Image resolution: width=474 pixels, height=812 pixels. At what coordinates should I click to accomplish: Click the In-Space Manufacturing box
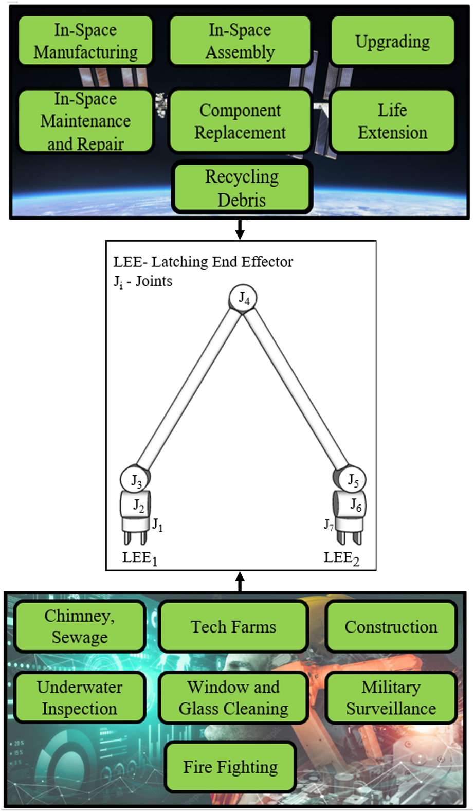pos(85,41)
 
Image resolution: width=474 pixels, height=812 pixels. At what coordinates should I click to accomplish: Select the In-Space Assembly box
pos(240,41)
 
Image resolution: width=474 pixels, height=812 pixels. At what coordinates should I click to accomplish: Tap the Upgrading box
pos(392,41)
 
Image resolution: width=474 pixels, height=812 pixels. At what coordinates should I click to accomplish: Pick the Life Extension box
pos(392,121)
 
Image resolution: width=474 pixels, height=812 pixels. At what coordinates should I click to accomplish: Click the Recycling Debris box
pos(242,188)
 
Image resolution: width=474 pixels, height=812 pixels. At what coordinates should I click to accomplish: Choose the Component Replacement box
pos(240,121)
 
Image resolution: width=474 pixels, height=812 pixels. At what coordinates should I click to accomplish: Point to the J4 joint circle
pos(243,298)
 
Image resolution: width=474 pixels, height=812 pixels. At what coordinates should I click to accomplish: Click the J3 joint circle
pos(134,480)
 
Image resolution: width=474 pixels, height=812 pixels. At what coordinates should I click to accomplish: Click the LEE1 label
pos(139,558)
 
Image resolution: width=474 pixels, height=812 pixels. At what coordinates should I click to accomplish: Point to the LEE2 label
pos(341,558)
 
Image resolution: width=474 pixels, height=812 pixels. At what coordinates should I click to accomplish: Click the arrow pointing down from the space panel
pos(240,229)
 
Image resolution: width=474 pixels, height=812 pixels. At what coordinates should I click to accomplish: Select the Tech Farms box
pos(233,627)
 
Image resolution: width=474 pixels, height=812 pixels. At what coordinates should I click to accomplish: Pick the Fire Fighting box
pos(230,767)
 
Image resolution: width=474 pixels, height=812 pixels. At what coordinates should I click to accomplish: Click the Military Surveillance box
pos(391,698)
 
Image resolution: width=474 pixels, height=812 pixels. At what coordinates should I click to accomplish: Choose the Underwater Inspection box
pos(80,698)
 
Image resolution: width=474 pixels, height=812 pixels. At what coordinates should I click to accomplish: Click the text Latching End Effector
pos(222,262)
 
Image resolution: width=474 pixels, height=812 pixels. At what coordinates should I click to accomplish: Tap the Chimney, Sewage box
pos(80,627)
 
